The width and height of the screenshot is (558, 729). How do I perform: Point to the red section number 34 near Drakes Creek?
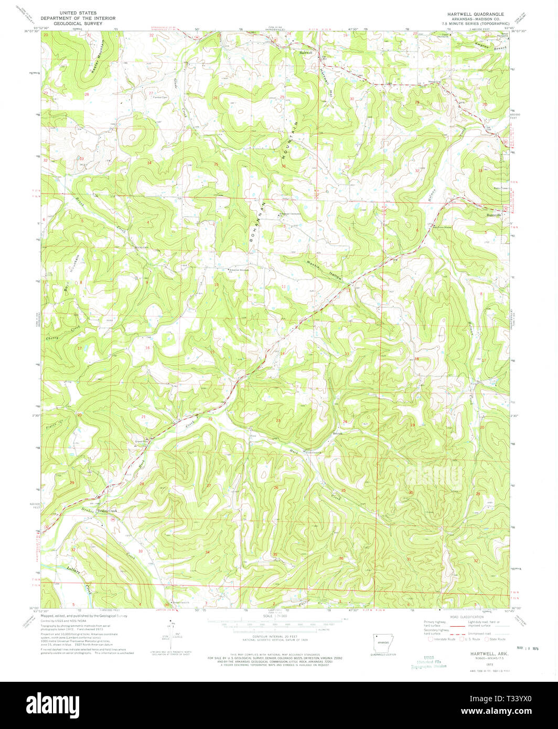[x=208, y=552]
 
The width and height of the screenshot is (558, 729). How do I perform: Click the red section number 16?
[x=148, y=348]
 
